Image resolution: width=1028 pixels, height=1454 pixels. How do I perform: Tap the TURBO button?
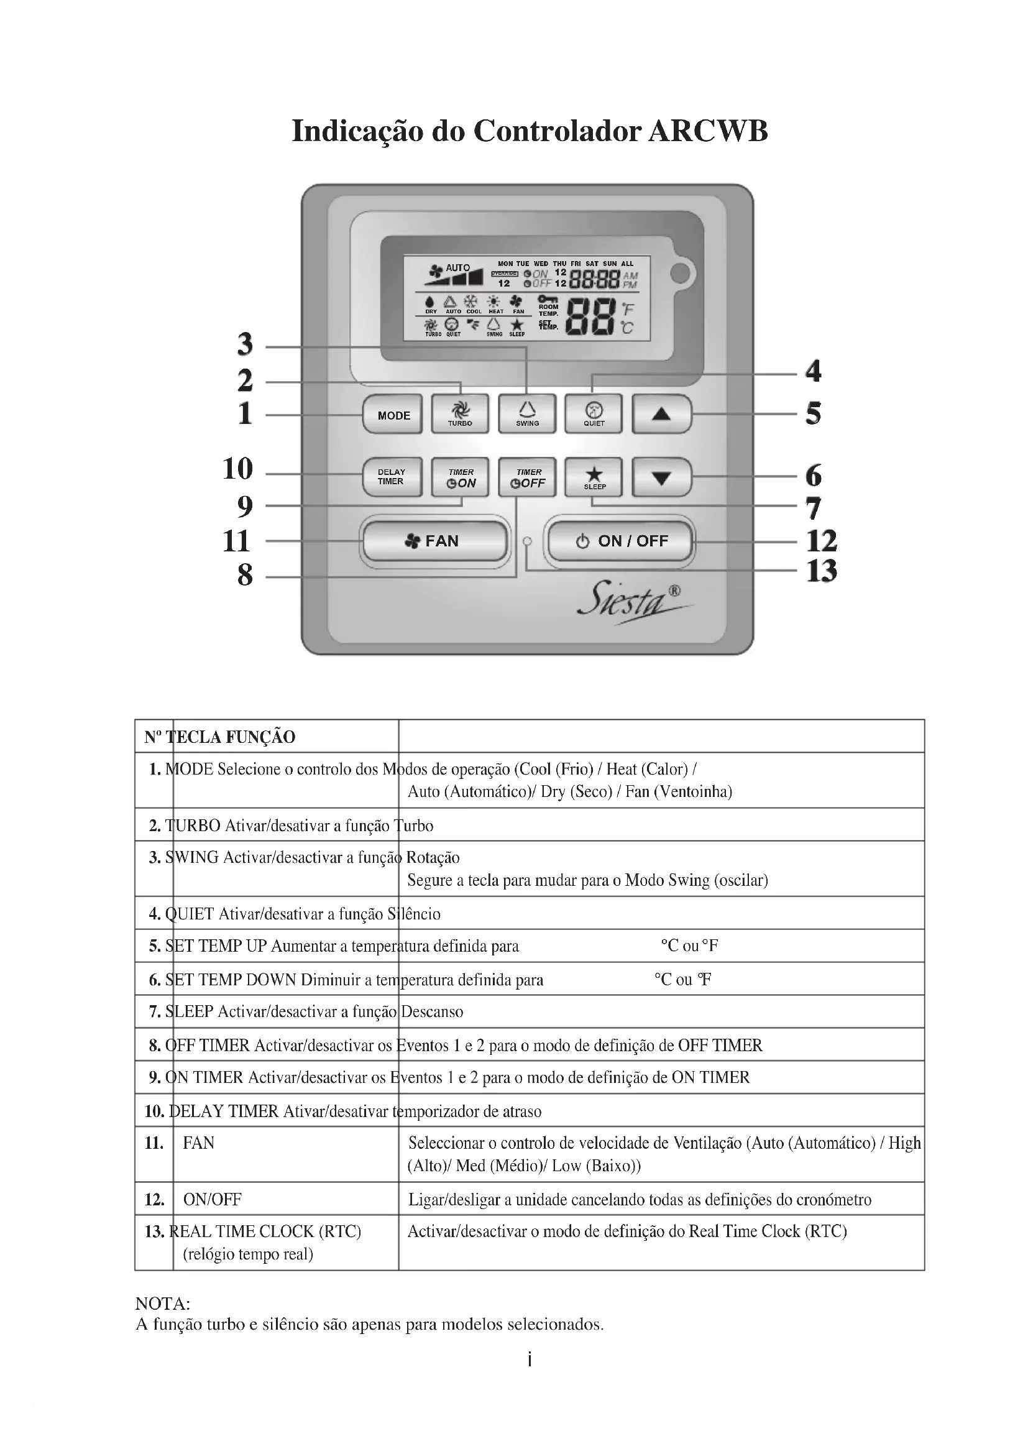coord(460,414)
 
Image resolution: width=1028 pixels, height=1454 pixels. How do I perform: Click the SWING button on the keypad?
coord(527,414)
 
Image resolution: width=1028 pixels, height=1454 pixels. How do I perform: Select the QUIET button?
coord(594,414)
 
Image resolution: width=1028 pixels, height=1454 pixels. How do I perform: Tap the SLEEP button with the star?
coord(594,477)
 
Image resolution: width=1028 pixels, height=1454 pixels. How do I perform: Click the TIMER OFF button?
coord(527,477)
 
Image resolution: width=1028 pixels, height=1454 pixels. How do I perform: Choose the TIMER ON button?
coord(460,477)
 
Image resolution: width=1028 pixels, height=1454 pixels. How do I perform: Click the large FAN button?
coord(434,541)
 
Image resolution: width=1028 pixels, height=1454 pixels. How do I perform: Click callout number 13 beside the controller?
coord(822,571)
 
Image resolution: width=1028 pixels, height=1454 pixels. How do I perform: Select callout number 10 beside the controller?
coord(238,469)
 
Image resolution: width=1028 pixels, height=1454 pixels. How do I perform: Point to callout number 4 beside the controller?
coord(814,371)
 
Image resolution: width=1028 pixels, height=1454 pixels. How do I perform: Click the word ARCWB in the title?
coord(709,131)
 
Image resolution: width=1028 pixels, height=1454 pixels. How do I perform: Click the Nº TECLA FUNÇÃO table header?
coord(219,737)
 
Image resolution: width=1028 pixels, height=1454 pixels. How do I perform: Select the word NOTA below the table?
coord(163,1304)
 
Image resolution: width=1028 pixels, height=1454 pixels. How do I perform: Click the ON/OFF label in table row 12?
coord(212,1199)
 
